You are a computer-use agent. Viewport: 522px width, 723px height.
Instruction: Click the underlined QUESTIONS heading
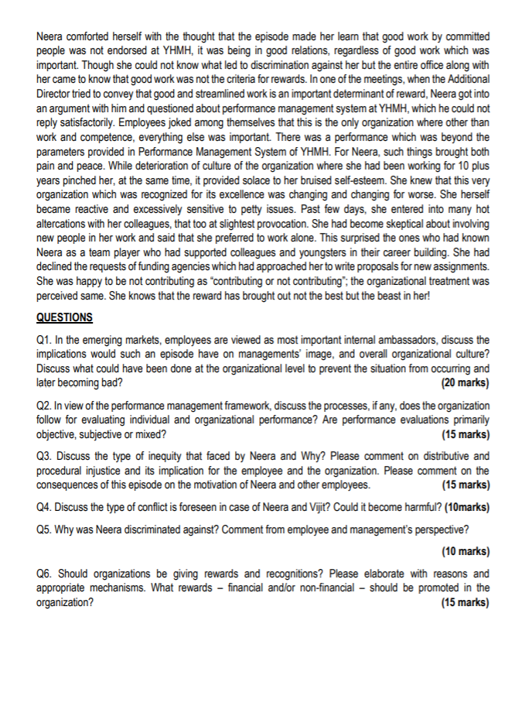(x=64, y=317)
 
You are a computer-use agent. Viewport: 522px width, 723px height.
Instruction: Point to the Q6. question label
(x=45, y=574)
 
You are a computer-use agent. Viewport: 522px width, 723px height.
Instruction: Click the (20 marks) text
(x=464, y=382)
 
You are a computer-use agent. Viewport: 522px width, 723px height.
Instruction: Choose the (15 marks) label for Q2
(x=464, y=434)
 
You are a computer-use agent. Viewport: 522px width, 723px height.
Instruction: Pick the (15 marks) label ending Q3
(x=464, y=485)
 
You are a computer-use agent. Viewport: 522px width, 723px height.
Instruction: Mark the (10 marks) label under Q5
(x=464, y=552)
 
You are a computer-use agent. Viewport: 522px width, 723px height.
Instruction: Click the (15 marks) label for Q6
(x=464, y=602)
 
